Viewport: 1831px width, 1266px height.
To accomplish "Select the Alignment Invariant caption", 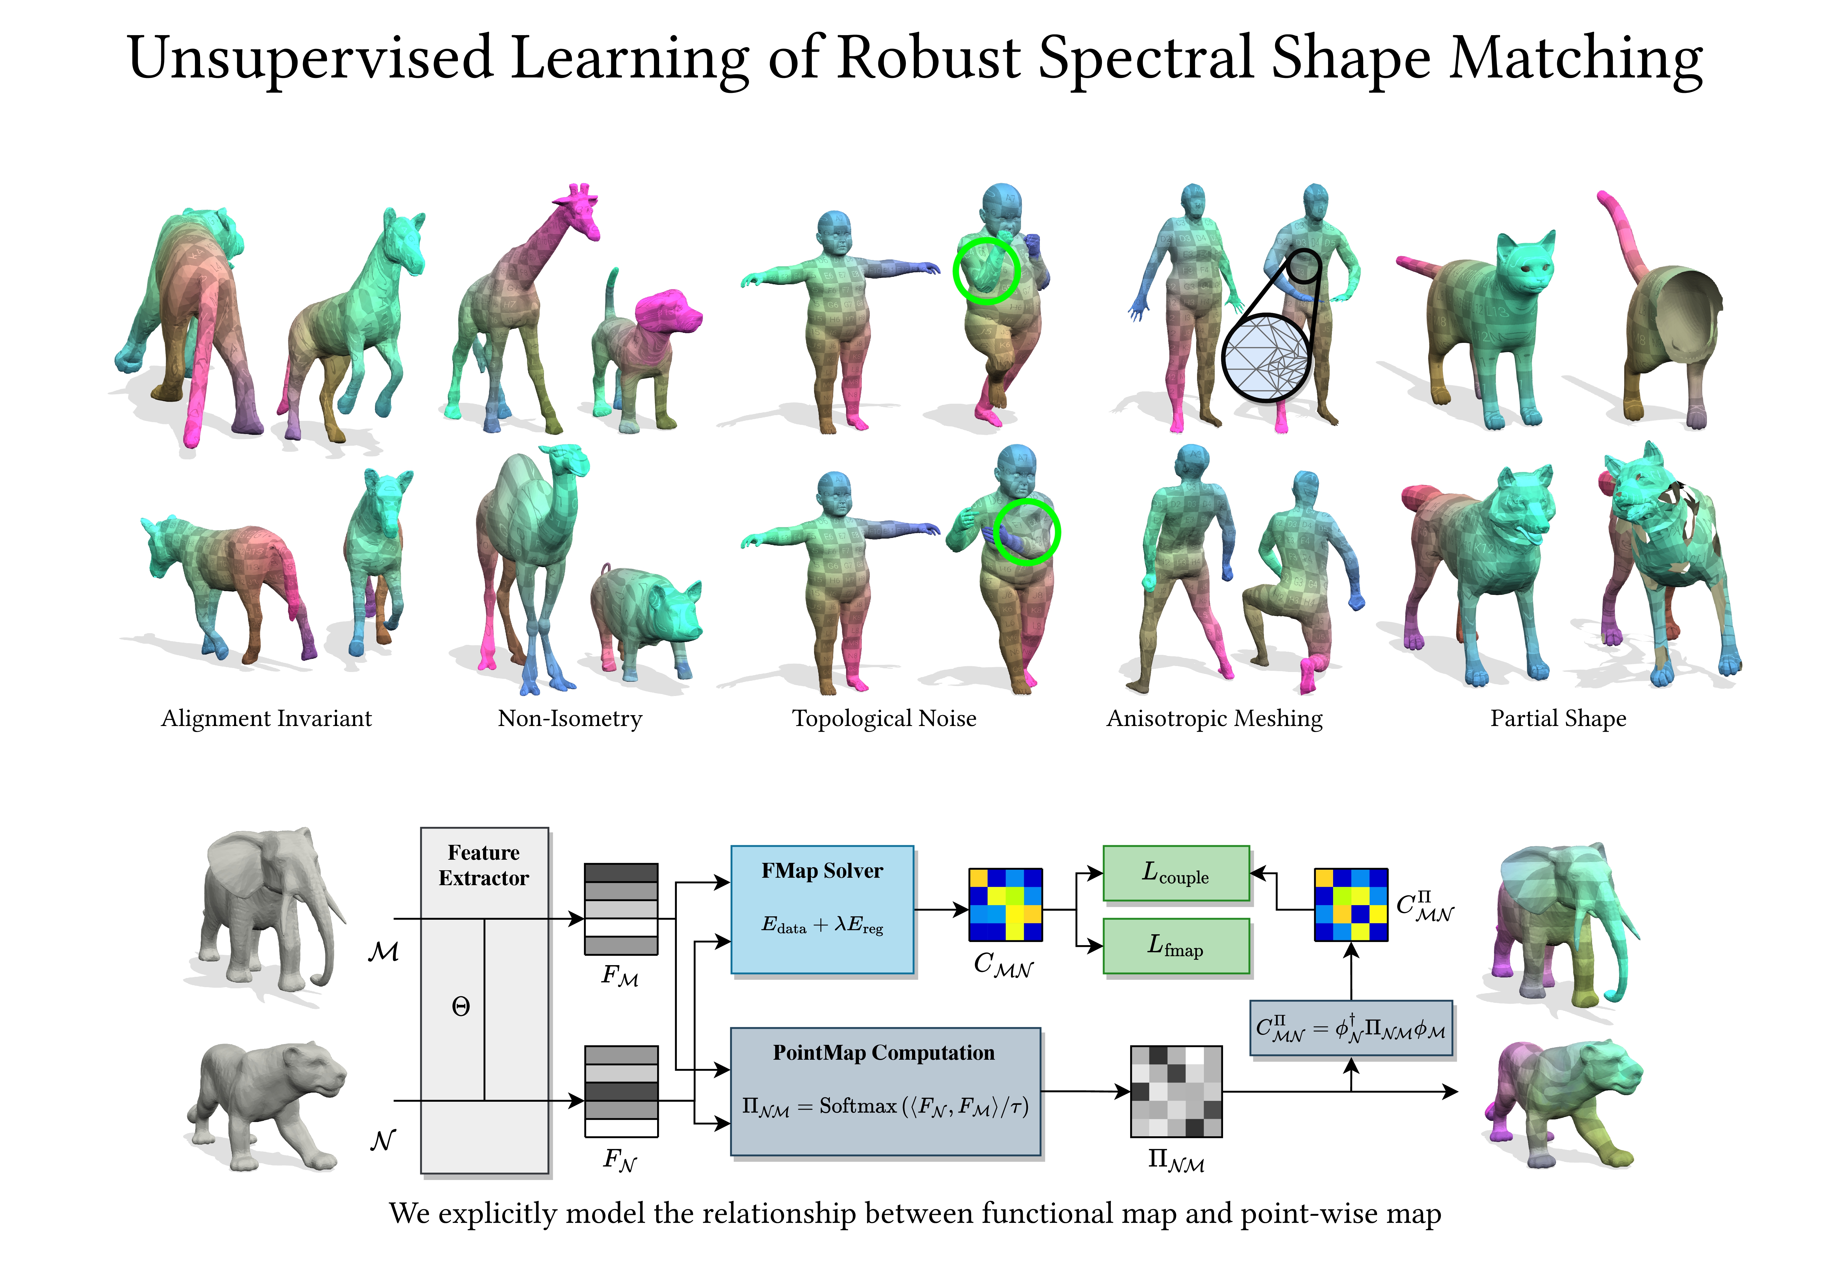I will [x=267, y=719].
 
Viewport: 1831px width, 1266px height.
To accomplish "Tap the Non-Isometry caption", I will [x=570, y=719].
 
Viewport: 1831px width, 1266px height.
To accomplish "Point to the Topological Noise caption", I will [x=884, y=719].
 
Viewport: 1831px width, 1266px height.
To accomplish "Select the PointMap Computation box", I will [x=885, y=1091].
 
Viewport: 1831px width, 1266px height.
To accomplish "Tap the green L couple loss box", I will [x=1176, y=873].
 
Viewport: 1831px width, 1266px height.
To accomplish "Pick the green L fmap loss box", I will [x=1176, y=945].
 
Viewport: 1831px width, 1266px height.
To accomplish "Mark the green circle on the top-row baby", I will [x=986, y=271].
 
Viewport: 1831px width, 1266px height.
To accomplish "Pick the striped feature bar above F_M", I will [x=620, y=909].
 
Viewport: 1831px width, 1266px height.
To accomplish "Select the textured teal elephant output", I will [x=1555, y=924].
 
